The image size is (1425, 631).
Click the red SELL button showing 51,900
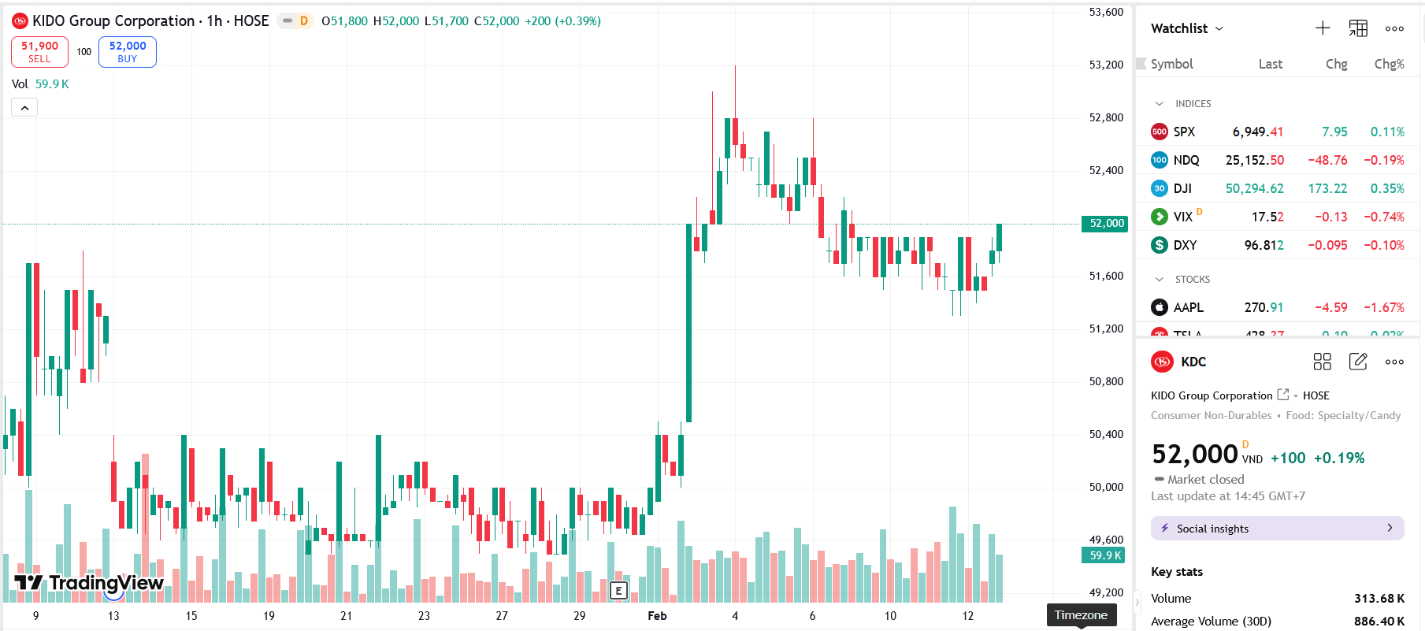39,52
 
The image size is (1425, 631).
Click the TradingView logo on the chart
89,583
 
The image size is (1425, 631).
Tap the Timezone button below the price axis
1081,615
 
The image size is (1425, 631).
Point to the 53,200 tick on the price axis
1106,65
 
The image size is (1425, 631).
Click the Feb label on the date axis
657,616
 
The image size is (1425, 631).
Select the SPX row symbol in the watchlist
1183,132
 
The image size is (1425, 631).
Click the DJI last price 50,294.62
1254,188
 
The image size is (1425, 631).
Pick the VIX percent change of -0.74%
1384,217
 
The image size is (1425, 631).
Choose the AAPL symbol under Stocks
1188,307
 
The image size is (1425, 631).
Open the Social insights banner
1277,529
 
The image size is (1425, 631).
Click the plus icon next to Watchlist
1323,28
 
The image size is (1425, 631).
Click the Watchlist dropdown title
1186,28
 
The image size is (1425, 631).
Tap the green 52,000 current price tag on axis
1106,224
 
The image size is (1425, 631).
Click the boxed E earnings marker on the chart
618,590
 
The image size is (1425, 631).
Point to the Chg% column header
1389,64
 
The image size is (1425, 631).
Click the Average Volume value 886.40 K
1379,622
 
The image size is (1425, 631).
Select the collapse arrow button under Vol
24,108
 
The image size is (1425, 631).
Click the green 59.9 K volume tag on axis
1105,555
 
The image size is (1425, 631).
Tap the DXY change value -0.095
1327,245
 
